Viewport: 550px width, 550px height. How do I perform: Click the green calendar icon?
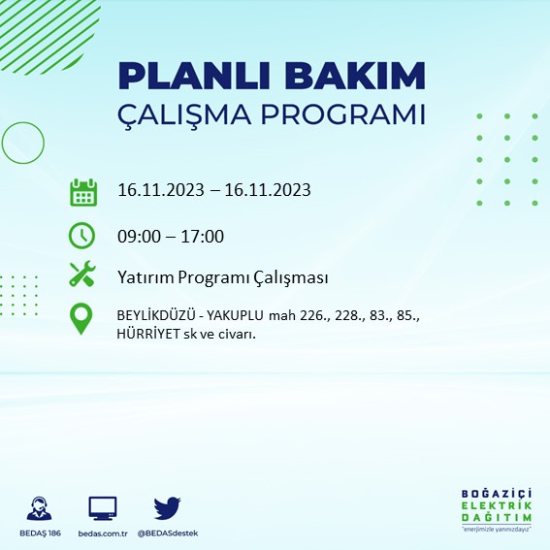pos(83,191)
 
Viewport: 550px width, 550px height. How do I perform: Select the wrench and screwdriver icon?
pos(83,275)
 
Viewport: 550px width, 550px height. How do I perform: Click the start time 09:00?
pos(137,236)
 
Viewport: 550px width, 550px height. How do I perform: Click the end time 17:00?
pos(204,236)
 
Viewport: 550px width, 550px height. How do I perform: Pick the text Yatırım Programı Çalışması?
pos(222,277)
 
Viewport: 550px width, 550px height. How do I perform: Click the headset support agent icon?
pos(41,508)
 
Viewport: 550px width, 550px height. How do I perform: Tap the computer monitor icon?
pos(102,507)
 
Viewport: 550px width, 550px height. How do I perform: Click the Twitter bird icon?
pos(167,507)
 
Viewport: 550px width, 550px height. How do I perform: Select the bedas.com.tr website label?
pos(102,534)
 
